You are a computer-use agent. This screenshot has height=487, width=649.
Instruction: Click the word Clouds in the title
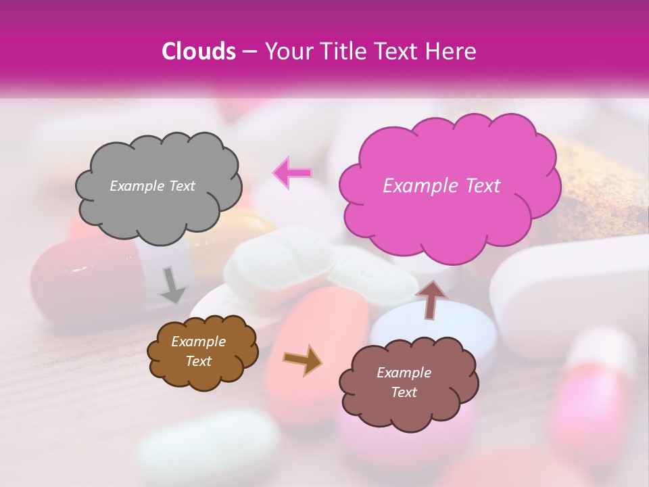(x=198, y=51)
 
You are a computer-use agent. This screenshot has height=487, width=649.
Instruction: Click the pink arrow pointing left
(x=292, y=172)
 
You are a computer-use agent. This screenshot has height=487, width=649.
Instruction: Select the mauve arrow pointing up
(x=432, y=298)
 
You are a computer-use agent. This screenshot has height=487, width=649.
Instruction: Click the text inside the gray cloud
(x=152, y=186)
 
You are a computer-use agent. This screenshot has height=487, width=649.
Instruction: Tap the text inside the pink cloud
(x=441, y=186)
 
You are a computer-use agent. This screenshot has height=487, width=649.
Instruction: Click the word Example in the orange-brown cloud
(x=198, y=342)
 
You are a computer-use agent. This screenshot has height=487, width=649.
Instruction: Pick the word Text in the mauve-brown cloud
(x=404, y=392)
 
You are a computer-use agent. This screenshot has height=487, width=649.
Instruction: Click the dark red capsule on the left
(x=81, y=277)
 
